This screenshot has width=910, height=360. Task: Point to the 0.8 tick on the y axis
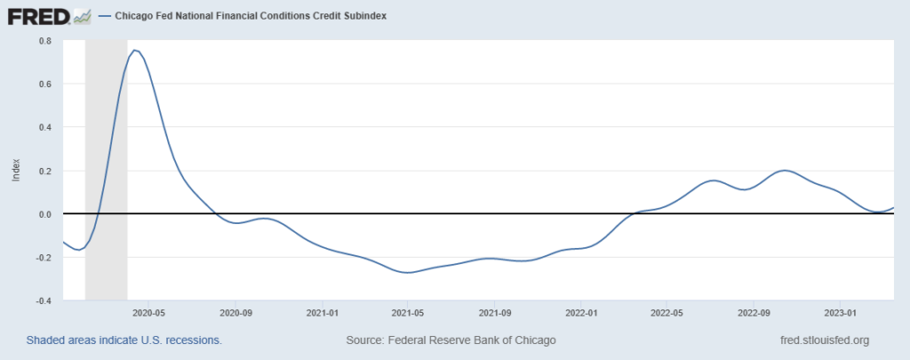click(45, 41)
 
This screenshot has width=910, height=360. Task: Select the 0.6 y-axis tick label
click(45, 84)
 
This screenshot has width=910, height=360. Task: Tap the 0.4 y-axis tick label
click(45, 127)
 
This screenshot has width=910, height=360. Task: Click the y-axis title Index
click(15, 171)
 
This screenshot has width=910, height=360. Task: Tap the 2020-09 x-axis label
click(236, 313)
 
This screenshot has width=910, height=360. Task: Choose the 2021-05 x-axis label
click(407, 313)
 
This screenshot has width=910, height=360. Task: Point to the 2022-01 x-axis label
click(580, 313)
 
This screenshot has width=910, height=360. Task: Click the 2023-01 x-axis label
click(840, 313)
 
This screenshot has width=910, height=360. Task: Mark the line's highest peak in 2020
click(134, 50)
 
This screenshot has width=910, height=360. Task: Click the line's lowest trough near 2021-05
click(408, 272)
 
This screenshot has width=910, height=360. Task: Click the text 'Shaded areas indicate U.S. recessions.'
click(124, 340)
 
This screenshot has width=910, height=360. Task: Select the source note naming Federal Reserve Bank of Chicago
click(450, 340)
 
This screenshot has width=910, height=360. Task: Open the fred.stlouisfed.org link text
click(823, 340)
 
